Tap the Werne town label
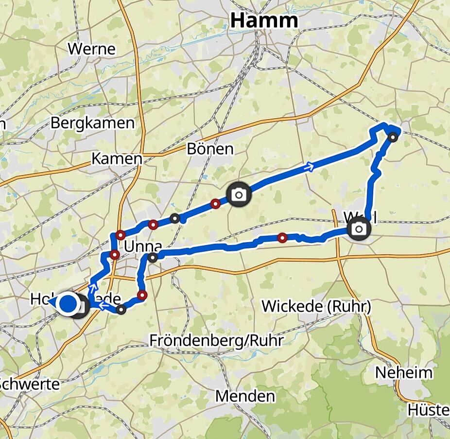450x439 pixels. (92, 49)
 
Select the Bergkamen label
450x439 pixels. (92, 123)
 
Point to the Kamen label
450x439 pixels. (117, 158)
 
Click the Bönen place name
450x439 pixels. (210, 149)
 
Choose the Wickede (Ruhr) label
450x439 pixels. (316, 306)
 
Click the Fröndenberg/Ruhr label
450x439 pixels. (216, 340)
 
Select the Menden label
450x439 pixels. (245, 396)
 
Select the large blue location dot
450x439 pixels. (68, 303)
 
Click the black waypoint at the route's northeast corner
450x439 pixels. (393, 137)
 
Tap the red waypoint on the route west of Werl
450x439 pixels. (282, 238)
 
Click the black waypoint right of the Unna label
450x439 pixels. (153, 257)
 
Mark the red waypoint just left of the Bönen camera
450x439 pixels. (215, 204)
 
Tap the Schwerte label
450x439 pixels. (30, 384)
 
